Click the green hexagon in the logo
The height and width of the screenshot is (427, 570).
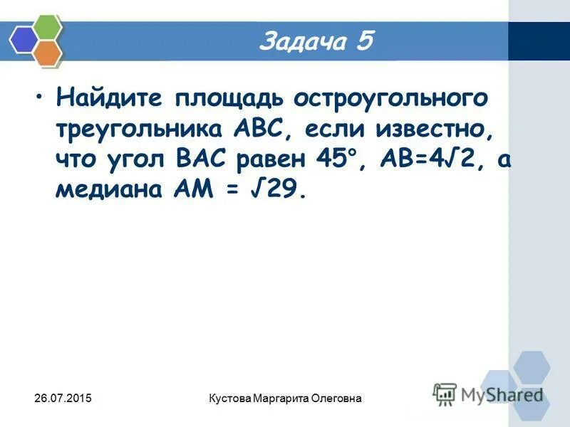(x=48, y=26)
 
